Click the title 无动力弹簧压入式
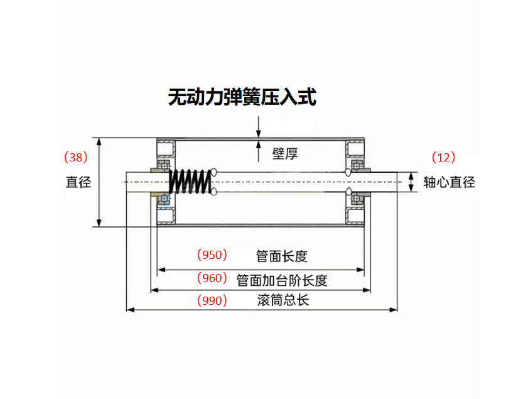pos(242,97)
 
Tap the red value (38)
pos(76,157)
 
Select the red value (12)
pos(443,157)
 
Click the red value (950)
pos(212,255)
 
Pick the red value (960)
pos(212,278)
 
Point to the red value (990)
pos(212,300)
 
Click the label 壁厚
pos(284,153)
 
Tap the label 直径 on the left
pos(78,182)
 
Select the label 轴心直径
pos(449,182)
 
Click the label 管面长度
pos(281,256)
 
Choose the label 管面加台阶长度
pos(282,280)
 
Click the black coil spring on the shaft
pos(190,182)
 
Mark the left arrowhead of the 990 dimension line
pos(131,309)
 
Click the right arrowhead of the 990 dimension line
pos(394,309)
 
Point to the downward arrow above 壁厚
pos(258,133)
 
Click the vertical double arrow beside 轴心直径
pos(411,182)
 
